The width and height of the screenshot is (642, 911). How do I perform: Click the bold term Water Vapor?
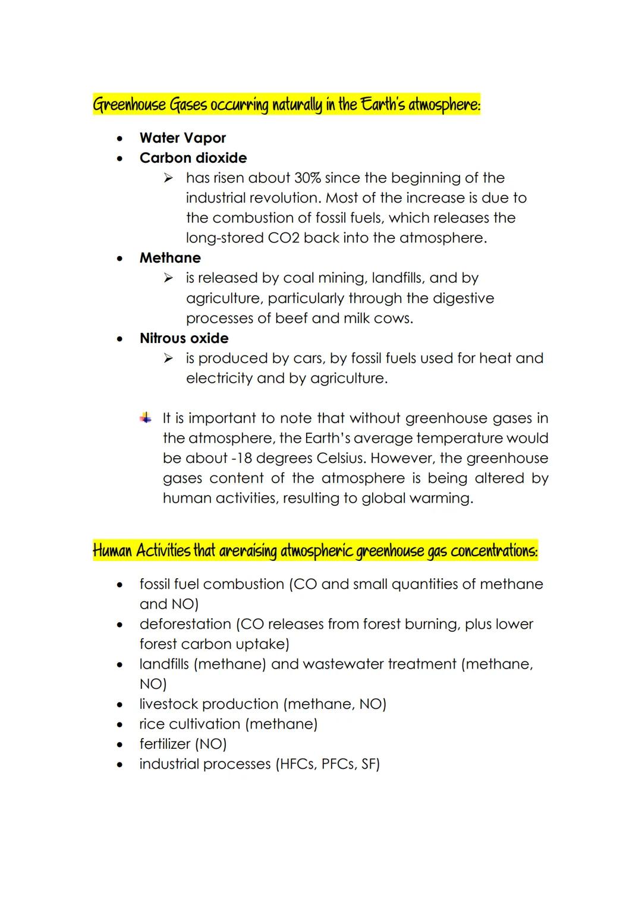pyautogui.click(x=182, y=138)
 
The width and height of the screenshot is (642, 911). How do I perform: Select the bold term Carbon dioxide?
pyautogui.click(x=193, y=158)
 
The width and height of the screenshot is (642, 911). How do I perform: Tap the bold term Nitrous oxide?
pyautogui.click(x=184, y=338)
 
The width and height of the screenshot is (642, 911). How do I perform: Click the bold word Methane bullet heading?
pyautogui.click(x=170, y=258)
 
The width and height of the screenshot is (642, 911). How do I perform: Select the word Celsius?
pyautogui.click(x=341, y=458)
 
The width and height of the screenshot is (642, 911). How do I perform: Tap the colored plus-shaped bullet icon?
pyautogui.click(x=146, y=418)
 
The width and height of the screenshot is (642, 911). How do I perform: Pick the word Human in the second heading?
pyautogui.click(x=112, y=551)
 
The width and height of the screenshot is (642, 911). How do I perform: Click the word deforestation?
pyautogui.click(x=185, y=624)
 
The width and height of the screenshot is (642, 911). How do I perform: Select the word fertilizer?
pyautogui.click(x=165, y=744)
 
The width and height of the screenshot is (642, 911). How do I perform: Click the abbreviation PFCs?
pyautogui.click(x=338, y=764)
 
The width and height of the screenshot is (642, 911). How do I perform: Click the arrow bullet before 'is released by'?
pyautogui.click(x=168, y=278)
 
